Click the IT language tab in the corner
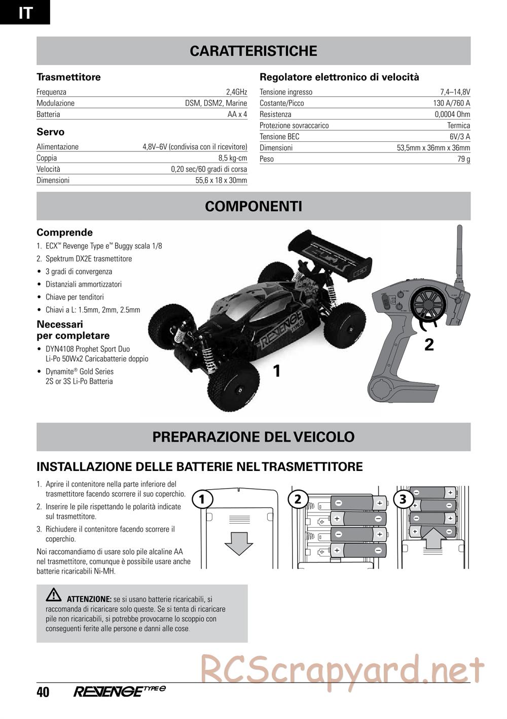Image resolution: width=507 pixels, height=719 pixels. (x=25, y=12)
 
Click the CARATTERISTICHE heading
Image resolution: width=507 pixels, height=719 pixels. (x=253, y=51)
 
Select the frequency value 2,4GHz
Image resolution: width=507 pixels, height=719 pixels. (x=236, y=92)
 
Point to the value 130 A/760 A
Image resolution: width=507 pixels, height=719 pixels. (x=451, y=103)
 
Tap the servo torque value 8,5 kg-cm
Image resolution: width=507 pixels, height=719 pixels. (x=236, y=158)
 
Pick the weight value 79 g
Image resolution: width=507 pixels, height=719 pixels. (x=464, y=159)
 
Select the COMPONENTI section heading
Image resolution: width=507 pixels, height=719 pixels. (x=253, y=207)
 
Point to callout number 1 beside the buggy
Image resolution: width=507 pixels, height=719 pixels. (x=277, y=372)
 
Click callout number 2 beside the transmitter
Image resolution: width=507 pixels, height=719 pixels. (x=429, y=345)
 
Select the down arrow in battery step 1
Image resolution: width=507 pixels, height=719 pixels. (x=238, y=543)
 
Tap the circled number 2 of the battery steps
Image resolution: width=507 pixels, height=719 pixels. (x=298, y=499)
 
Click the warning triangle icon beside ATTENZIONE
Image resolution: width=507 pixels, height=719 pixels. (x=53, y=596)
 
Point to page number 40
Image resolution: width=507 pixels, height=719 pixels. (x=43, y=692)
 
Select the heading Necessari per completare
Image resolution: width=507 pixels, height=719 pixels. (x=73, y=330)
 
